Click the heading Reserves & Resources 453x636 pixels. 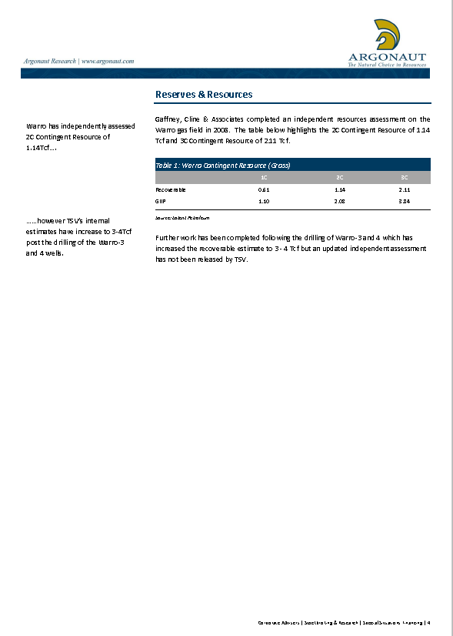204,95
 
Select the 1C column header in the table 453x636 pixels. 264,177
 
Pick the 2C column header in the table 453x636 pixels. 339,177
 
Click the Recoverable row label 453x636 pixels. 171,189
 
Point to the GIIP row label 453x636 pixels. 161,200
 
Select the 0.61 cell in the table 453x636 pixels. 264,189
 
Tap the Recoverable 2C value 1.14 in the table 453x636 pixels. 339,189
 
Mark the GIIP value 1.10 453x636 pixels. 264,200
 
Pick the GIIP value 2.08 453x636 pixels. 339,200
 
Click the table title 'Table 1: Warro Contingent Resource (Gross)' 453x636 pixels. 222,165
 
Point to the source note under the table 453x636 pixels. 182,218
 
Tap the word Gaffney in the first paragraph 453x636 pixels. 168,119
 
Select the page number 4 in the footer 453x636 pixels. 429,622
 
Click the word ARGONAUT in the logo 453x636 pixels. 387,56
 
